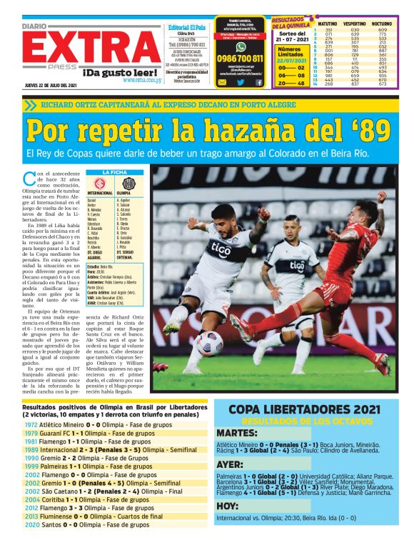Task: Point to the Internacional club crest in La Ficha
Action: tap(100, 183)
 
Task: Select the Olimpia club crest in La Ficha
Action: tap(128, 183)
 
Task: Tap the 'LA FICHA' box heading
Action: tap(115, 172)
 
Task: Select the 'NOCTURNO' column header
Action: tap(383, 23)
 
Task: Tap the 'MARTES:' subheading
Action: tap(236, 433)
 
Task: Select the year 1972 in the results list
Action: tap(31, 424)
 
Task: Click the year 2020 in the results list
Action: tap(31, 524)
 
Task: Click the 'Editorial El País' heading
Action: tap(186, 27)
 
